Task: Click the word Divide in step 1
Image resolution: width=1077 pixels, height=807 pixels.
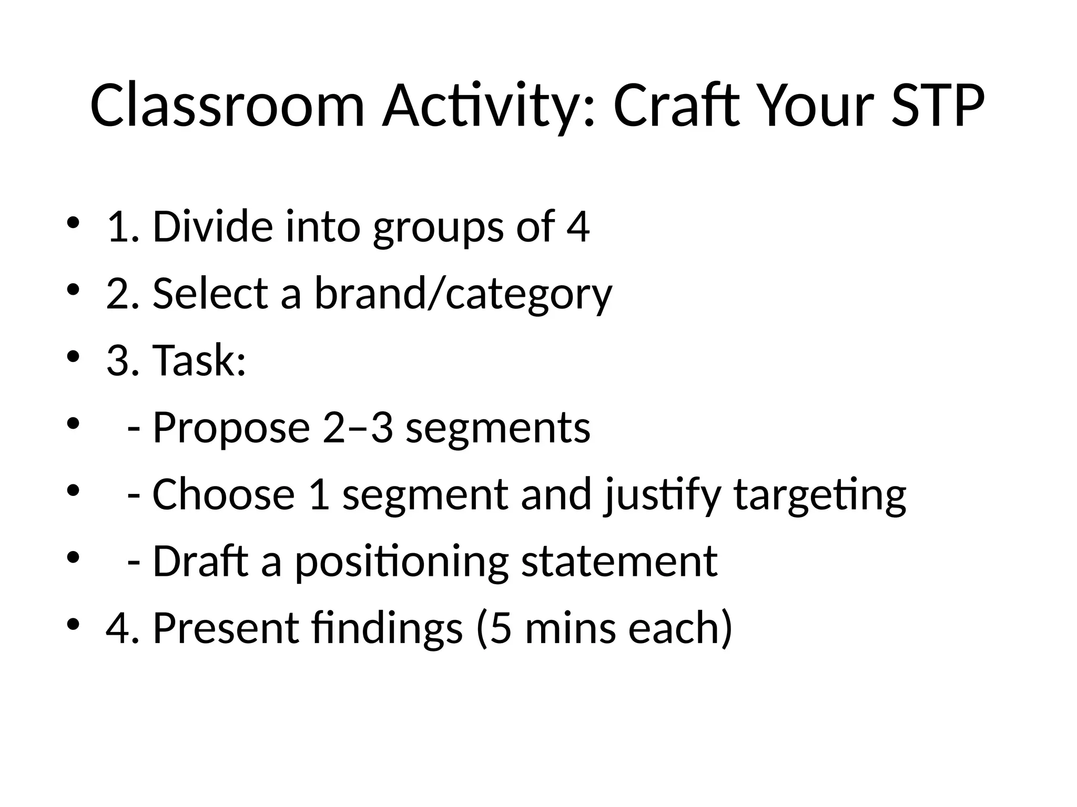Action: [x=212, y=226]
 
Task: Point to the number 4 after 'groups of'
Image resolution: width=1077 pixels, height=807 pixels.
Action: [x=578, y=226]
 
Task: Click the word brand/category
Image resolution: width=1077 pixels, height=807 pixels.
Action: [x=463, y=294]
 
